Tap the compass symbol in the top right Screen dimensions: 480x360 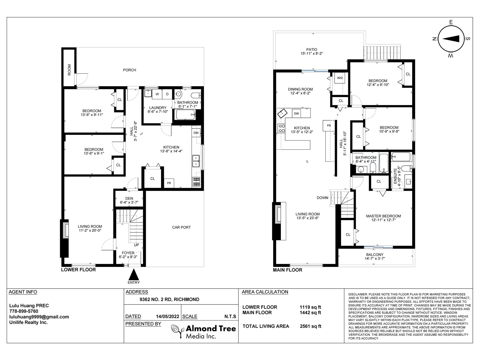451,39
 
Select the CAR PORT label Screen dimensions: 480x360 181,227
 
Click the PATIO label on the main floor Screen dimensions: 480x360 312,49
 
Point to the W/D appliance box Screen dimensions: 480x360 340,78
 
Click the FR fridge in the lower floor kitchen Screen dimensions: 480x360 169,183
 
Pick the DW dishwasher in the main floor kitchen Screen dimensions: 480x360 296,113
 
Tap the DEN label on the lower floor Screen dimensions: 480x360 129,199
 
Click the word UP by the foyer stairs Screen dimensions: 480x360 136,245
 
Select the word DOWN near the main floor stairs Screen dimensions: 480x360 322,198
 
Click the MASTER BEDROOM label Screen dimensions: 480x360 384,216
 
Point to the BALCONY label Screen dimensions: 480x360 375,255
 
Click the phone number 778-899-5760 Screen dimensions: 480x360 24,311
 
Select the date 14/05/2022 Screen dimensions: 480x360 167,316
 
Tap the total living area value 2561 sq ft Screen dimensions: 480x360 310,326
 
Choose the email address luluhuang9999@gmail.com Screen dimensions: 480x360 39,317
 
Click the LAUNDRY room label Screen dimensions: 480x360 158,108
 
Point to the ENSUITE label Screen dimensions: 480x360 395,176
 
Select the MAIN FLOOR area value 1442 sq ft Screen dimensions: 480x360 310,313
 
